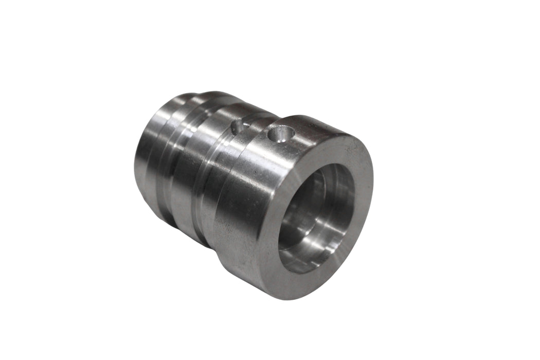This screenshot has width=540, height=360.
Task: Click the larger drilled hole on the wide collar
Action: coord(280,134)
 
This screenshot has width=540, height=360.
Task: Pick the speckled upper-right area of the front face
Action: coord(355,154)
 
